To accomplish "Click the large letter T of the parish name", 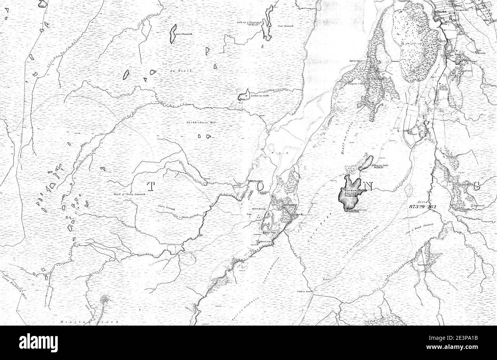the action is [x=151, y=186].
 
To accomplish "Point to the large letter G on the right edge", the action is [x=476, y=186].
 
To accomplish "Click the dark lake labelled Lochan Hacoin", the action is [x=349, y=193].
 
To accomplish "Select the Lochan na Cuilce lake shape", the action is [x=365, y=163].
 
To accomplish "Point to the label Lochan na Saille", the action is [x=260, y=96].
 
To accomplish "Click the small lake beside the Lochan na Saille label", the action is [x=243, y=96].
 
